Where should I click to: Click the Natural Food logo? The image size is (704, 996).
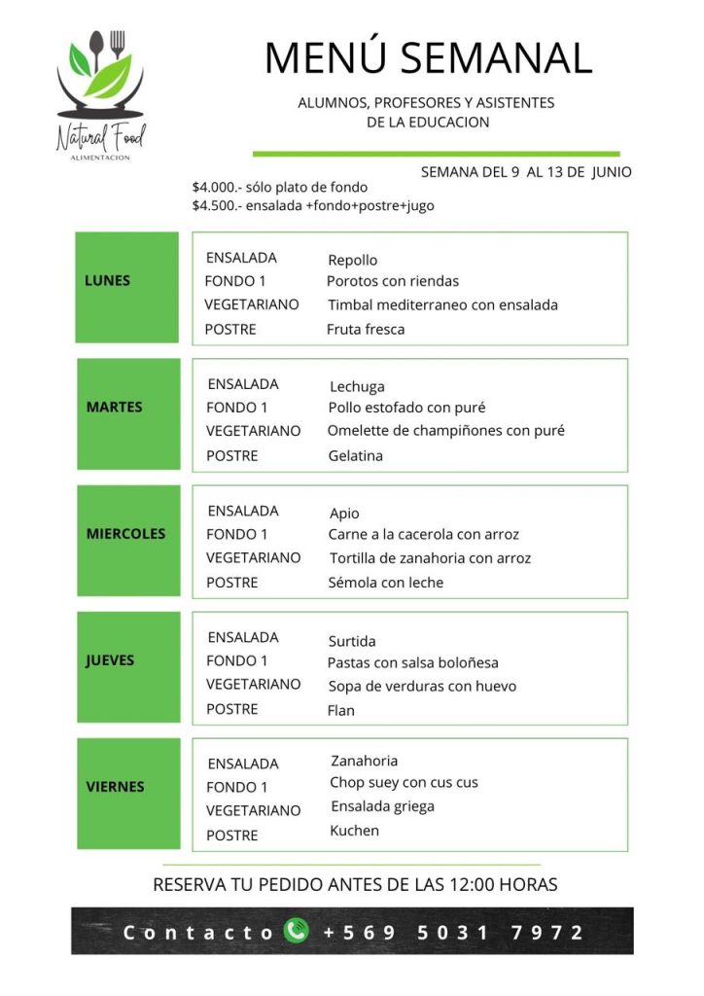(100, 93)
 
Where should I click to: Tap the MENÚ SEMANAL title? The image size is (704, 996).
(428, 57)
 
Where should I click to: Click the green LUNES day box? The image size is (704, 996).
(127, 287)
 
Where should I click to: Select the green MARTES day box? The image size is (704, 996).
(128, 413)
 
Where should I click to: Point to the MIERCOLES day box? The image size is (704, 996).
(128, 540)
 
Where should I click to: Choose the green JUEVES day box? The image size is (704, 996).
(128, 666)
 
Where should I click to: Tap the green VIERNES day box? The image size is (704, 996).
(128, 793)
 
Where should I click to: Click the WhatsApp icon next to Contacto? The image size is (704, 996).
(296, 931)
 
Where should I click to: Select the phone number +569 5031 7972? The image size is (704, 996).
(453, 932)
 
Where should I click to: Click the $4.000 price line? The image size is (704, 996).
(280, 187)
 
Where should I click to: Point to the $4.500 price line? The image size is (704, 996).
(313, 205)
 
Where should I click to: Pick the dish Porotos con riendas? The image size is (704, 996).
(393, 281)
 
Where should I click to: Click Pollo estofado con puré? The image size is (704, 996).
(406, 408)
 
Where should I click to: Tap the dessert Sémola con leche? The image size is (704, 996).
(386, 583)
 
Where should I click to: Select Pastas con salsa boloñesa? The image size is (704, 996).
(413, 662)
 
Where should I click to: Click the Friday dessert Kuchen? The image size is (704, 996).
(355, 831)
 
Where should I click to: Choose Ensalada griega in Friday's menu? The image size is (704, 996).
(382, 806)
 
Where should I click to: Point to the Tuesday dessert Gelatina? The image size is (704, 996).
(356, 455)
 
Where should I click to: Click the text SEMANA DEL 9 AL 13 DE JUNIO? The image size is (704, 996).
(526, 172)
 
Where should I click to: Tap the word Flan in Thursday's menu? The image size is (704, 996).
(341, 710)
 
